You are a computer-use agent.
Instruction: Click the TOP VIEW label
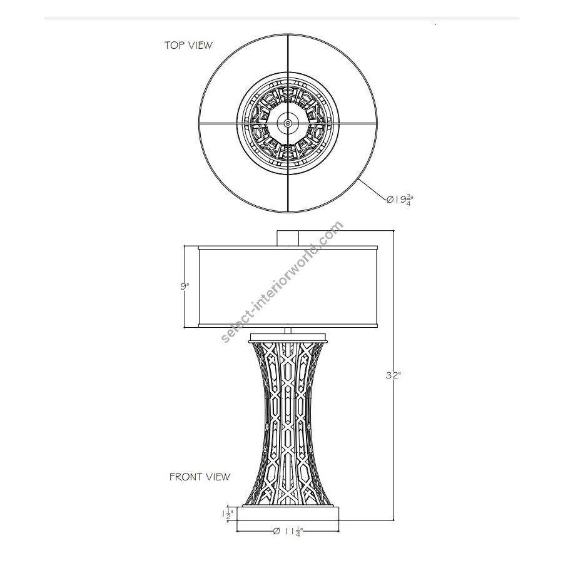tap(188, 45)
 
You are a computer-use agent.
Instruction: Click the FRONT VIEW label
tap(200, 477)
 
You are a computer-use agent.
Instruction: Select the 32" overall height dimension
tap(393, 375)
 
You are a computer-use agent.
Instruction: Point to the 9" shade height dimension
tap(185, 286)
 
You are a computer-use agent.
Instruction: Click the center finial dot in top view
tap(288, 123)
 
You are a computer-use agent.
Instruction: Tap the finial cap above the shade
tap(288, 238)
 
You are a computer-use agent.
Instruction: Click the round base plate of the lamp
tap(288, 514)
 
